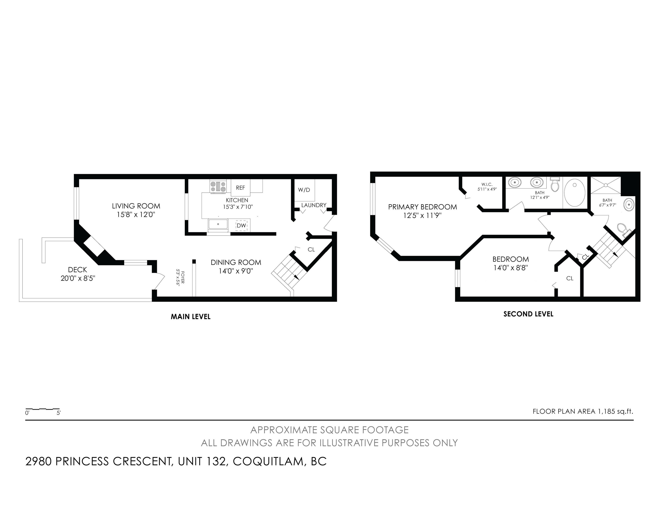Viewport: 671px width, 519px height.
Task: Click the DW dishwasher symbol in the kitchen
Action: [x=242, y=225]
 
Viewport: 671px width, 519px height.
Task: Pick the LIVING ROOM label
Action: [x=136, y=206]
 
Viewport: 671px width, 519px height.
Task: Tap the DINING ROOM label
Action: [x=236, y=262]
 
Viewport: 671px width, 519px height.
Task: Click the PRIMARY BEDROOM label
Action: [x=422, y=207]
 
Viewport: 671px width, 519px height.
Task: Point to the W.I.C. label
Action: [x=487, y=184]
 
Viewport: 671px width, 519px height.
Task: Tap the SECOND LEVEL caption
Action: [x=529, y=314]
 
